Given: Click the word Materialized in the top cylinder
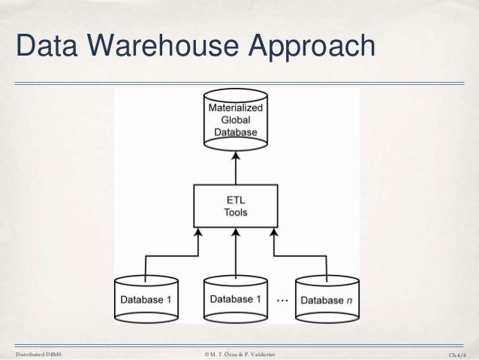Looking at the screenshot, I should click(236, 107).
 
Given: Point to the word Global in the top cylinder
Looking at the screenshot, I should click(236, 120).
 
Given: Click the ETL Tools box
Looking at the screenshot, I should click(236, 206).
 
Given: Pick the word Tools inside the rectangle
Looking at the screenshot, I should click(236, 213).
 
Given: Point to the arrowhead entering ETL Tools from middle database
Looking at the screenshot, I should click(236, 232).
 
